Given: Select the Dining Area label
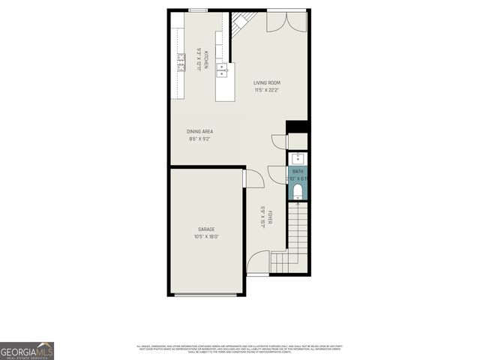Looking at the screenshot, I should click(200, 131).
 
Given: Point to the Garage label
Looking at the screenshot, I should click(207, 229).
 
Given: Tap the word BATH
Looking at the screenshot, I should click(298, 171).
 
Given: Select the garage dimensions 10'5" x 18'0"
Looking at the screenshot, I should click(207, 237).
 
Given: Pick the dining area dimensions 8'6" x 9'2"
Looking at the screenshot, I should click(200, 139).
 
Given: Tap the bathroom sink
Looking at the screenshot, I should click(298, 158).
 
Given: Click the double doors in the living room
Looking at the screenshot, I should click(287, 22).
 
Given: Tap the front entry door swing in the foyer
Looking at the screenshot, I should click(259, 262).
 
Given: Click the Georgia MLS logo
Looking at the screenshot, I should click(27, 350).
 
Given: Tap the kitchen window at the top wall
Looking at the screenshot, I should click(198, 10).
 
